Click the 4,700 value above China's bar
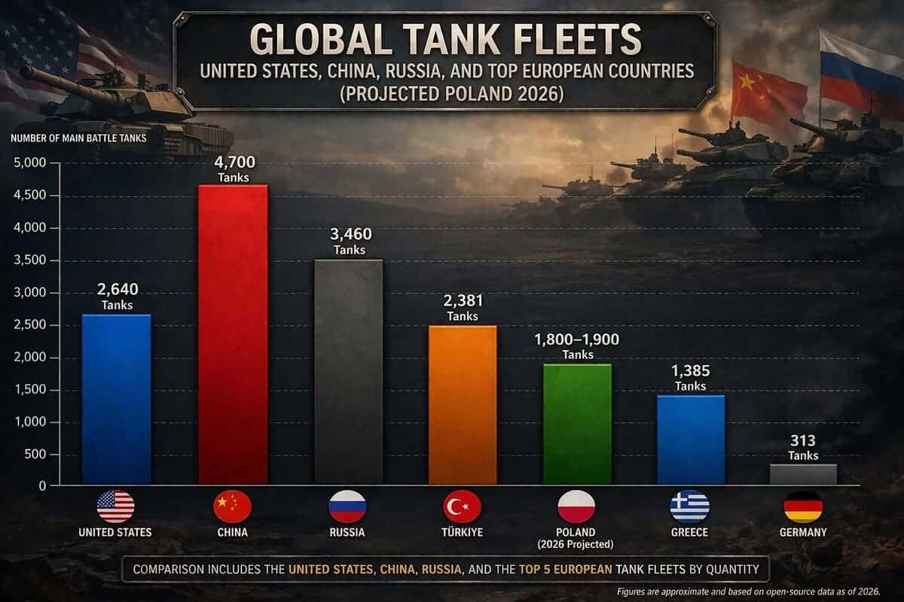click(233, 162)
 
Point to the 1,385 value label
click(691, 371)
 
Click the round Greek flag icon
click(689, 506)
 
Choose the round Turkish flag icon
click(462, 506)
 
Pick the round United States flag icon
click(115, 506)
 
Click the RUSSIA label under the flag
click(347, 532)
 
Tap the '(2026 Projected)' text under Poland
click(576, 544)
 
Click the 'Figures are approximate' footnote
click(756, 592)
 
